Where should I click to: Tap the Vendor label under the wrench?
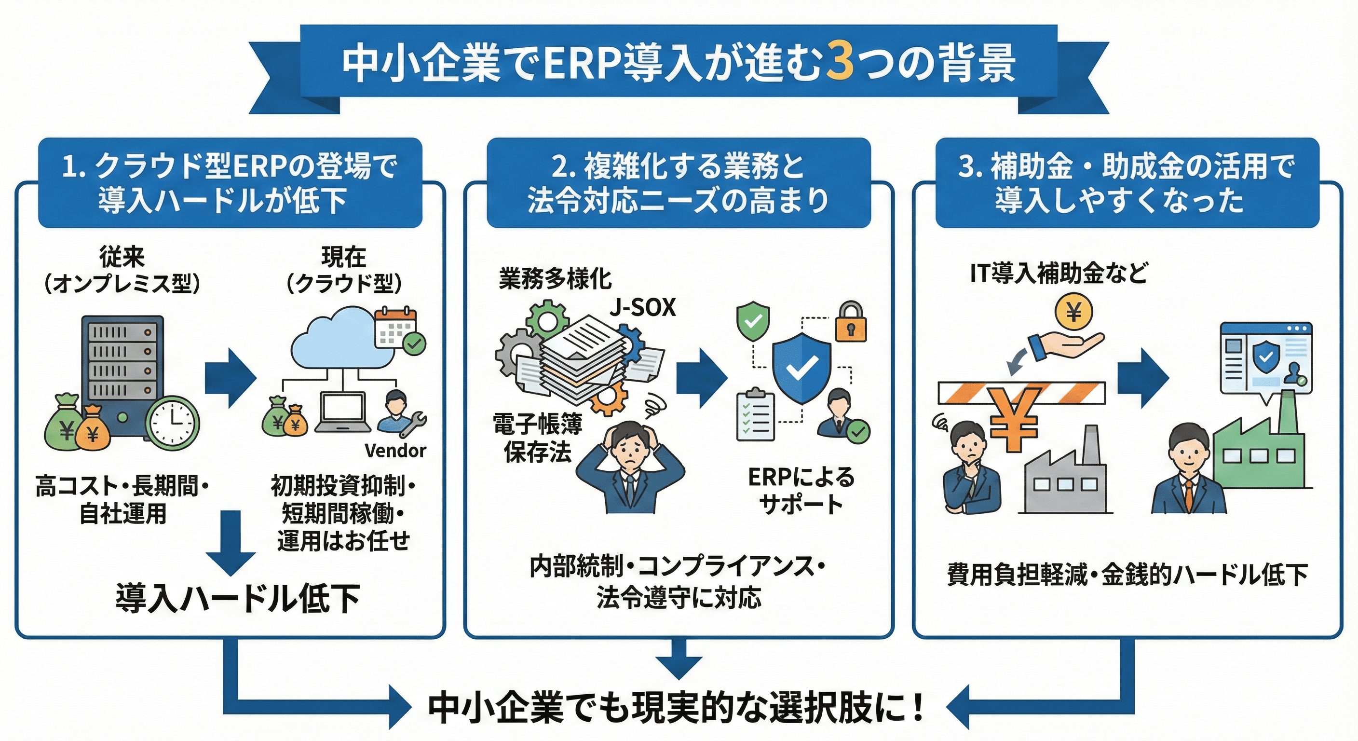tap(395, 451)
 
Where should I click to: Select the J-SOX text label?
tap(643, 307)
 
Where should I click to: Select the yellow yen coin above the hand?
tap(1074, 313)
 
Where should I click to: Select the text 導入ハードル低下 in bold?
tap(237, 599)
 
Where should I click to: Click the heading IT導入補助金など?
tap(1059, 273)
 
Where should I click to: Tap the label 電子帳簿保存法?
tap(538, 438)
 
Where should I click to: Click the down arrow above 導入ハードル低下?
tap(231, 543)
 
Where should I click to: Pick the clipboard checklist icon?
tap(755, 415)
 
